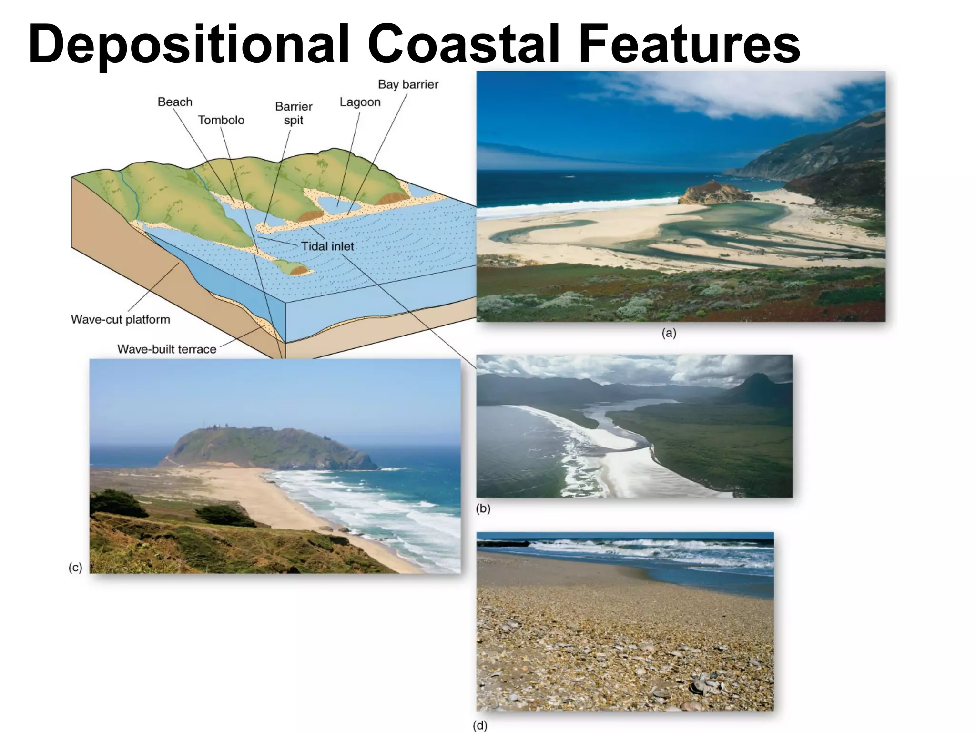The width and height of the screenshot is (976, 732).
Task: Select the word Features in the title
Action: [x=689, y=44]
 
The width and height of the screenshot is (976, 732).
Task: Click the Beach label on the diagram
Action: [x=175, y=102]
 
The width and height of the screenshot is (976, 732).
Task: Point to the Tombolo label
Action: [x=221, y=120]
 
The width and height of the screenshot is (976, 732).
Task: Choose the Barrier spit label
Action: [x=294, y=113]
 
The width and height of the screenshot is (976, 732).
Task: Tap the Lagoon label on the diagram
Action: [x=360, y=102]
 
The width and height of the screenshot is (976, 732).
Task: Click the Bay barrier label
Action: [x=408, y=84]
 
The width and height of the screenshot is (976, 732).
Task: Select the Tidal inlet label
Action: [x=328, y=246]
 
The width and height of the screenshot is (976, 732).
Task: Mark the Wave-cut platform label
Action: [x=121, y=319]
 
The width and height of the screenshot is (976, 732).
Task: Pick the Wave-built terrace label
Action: [x=167, y=349]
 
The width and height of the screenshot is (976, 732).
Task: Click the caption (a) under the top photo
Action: [x=669, y=334]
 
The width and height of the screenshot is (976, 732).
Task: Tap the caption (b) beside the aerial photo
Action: [x=483, y=508]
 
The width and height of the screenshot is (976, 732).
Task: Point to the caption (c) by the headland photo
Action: [x=75, y=568]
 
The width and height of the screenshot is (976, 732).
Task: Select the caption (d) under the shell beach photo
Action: [x=480, y=726]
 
